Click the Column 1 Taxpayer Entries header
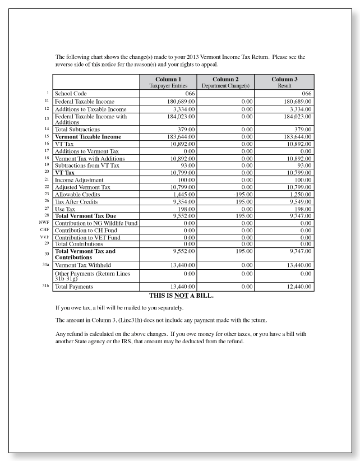coord(168,82)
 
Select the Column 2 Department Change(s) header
coord(225,82)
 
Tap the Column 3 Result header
coord(284,82)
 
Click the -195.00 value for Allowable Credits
coord(243,193)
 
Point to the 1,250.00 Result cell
coord(300,193)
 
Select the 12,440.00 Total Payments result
coord(299,287)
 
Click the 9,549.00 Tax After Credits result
coord(300,201)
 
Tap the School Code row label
coord(71,94)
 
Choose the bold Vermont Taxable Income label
coord(87,136)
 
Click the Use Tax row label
coord(64,209)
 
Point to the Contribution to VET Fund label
coord(87,237)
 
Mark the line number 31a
coord(46,264)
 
